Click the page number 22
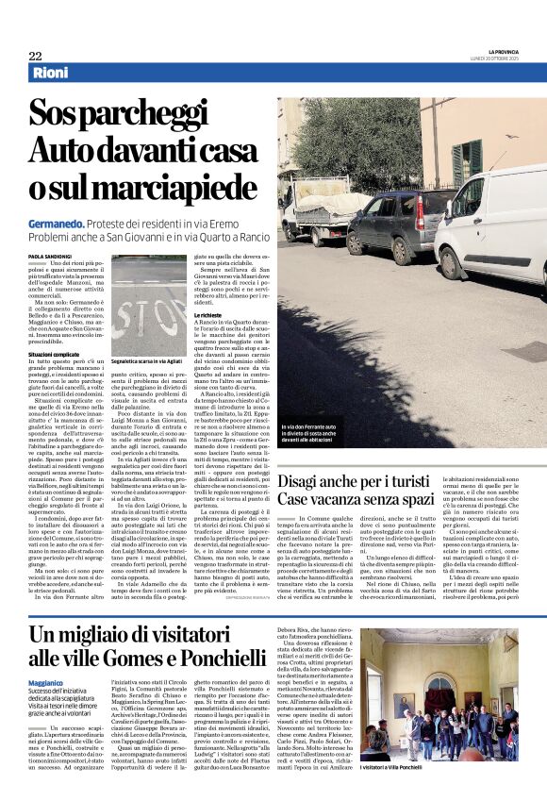click(x=35, y=56)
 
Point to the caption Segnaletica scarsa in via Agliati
click(x=148, y=361)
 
